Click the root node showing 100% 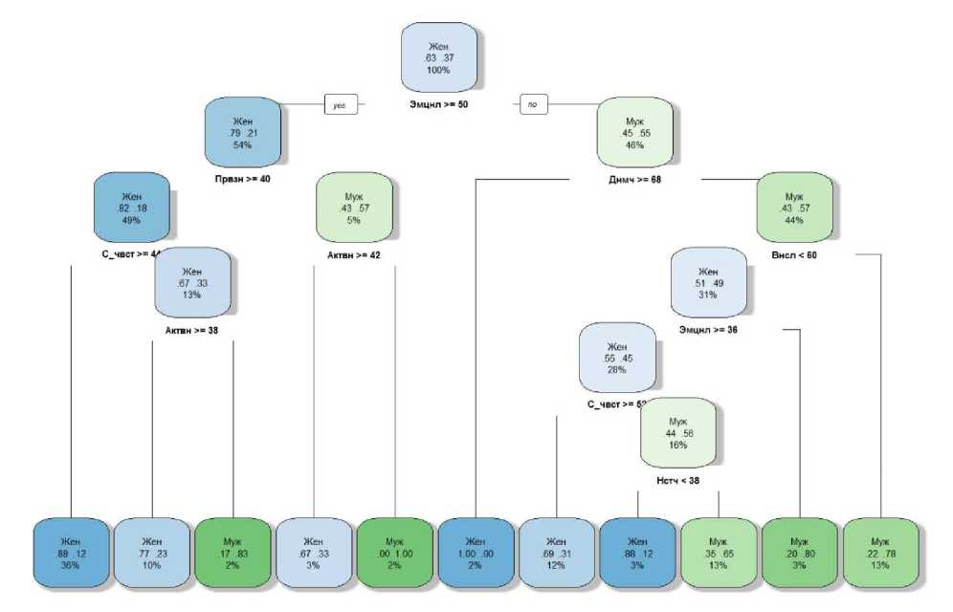click(438, 57)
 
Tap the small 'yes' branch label click(340, 105)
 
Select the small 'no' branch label click(533, 105)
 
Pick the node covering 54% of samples click(242, 133)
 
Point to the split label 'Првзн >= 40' click(242, 179)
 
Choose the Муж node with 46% click(635, 133)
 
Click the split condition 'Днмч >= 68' click(635, 179)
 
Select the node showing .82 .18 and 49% click(131, 208)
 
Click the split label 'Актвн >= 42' click(355, 254)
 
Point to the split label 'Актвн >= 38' click(192, 330)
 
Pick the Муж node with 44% click(793, 208)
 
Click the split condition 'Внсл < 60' click(793, 254)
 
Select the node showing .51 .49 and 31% click(708, 283)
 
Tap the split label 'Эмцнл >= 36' click(708, 330)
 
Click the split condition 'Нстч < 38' click(677, 479)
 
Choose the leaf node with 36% click(71, 553)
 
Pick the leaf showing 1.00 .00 click(476, 553)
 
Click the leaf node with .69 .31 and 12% click(556, 553)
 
